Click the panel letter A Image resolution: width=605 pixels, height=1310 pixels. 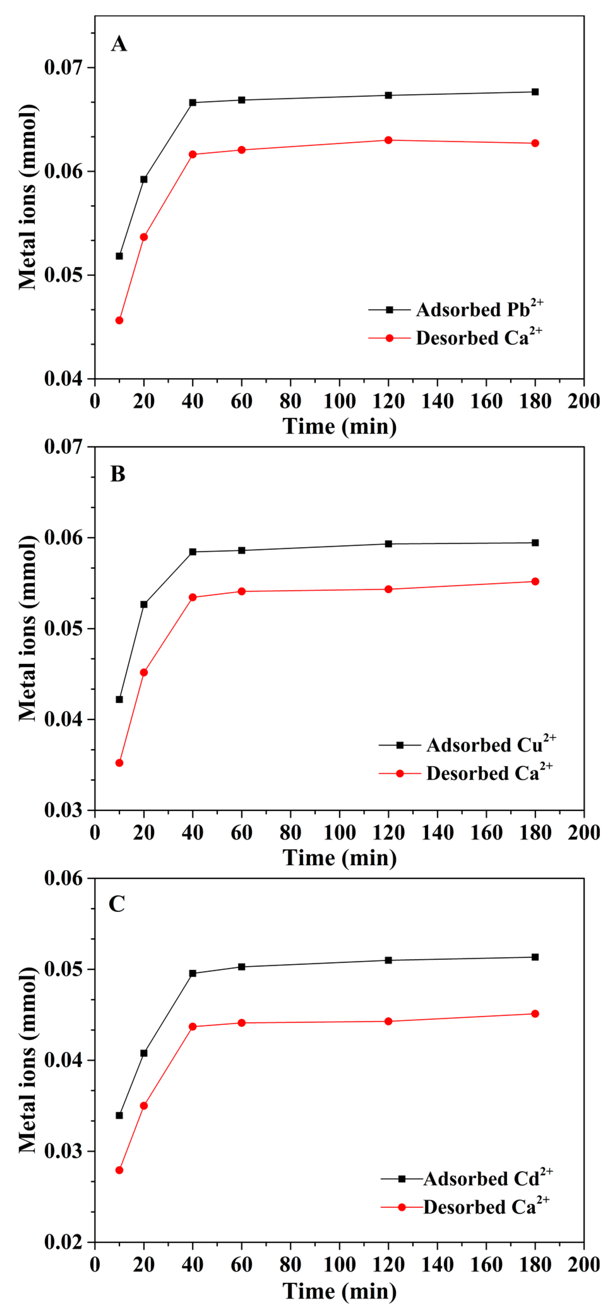pyautogui.click(x=119, y=44)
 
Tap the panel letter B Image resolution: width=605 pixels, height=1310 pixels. pyautogui.click(x=117, y=474)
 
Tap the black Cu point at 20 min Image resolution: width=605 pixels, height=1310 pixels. pyautogui.click(x=144, y=604)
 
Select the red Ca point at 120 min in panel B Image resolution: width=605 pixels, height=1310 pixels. pyautogui.click(x=388, y=590)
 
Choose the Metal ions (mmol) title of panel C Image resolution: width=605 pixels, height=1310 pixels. pyautogui.click(x=28, y=1060)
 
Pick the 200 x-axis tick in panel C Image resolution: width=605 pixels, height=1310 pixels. pyautogui.click(x=584, y=1265)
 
